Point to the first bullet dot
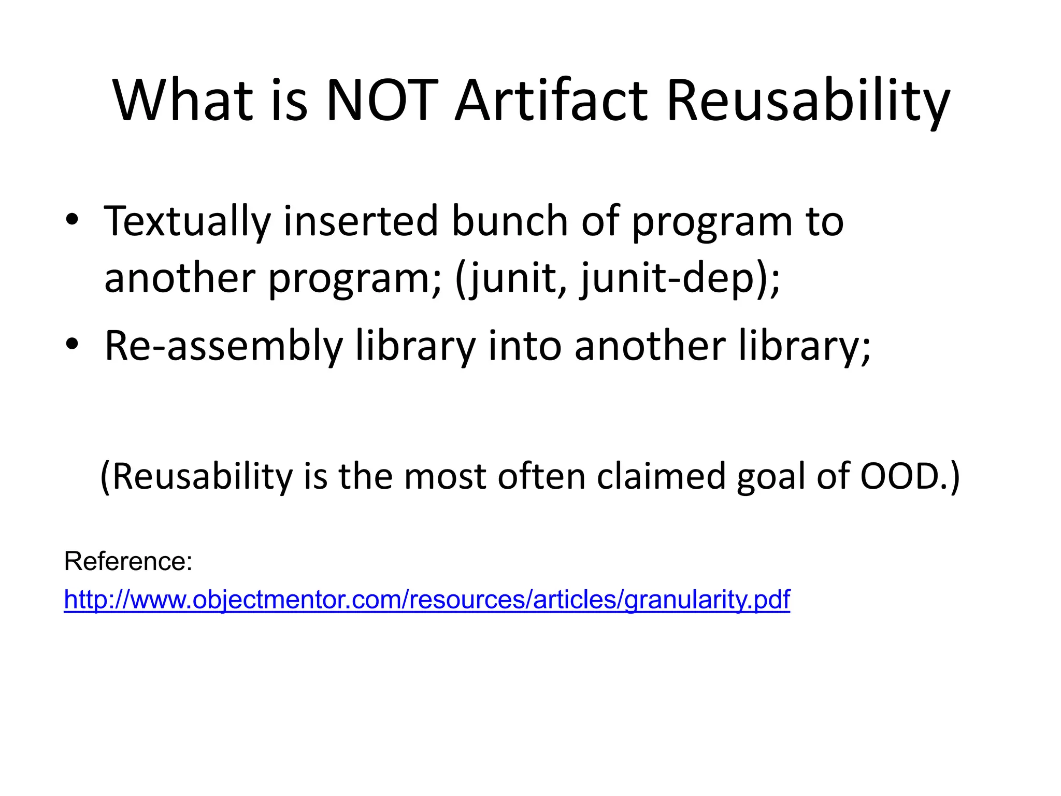[72, 220]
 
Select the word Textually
[187, 222]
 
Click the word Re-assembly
[223, 346]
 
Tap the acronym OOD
[899, 476]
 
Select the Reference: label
[128, 561]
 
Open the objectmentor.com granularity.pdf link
[426, 600]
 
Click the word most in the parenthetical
[445, 476]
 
